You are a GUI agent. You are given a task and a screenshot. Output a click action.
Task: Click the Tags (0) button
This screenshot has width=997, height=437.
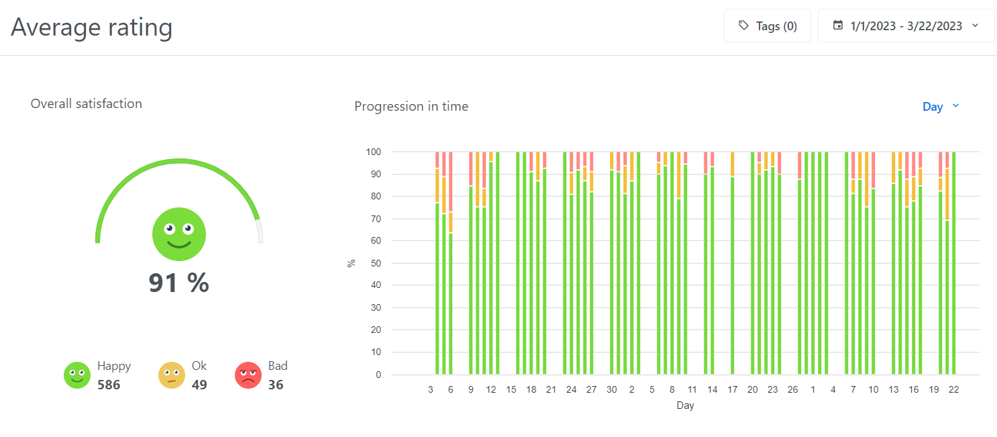point(767,26)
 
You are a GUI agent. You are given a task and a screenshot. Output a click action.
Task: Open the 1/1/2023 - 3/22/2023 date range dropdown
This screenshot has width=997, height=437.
point(906,26)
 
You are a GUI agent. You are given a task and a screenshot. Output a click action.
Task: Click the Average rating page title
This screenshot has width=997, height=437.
point(92,27)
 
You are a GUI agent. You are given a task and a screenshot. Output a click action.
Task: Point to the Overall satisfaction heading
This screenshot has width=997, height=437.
point(87,103)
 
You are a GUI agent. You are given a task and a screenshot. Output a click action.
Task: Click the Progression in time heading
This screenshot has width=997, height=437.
point(411,106)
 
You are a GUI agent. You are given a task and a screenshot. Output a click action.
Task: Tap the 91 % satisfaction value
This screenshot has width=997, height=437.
point(179,283)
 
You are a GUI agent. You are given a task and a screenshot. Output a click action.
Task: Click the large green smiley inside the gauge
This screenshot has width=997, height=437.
point(179,234)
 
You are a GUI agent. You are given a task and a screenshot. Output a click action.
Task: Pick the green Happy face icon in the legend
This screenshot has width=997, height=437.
point(77,375)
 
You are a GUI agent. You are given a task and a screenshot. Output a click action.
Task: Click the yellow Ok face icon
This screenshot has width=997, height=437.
point(172,375)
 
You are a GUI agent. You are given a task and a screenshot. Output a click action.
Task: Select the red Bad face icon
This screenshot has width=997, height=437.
point(248,375)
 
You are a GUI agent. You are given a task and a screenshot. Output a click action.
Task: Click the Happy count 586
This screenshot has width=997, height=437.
point(109,385)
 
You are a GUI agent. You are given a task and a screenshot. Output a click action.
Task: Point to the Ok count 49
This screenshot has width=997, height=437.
point(199,385)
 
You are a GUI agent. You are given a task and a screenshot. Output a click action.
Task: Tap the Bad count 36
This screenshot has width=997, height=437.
point(276,385)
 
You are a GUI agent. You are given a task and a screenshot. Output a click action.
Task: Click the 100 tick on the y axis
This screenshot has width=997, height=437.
point(374,152)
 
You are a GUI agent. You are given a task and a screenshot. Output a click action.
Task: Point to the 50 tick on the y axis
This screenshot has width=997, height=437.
point(376,263)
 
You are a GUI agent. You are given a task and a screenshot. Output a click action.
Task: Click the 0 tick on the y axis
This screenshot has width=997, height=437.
point(378,375)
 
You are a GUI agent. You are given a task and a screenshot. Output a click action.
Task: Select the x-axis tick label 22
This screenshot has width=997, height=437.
point(953,389)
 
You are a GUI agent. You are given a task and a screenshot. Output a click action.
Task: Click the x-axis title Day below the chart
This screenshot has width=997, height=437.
point(685,405)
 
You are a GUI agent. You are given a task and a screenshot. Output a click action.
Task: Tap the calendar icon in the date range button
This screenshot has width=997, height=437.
point(837,26)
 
